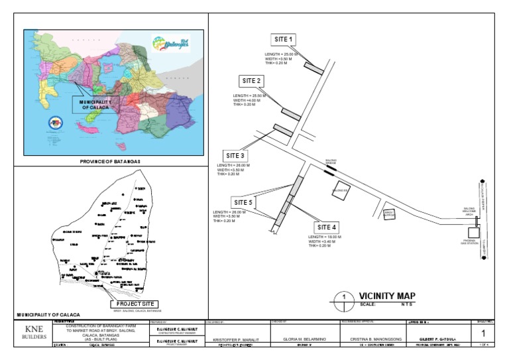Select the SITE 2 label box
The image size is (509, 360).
pyautogui.click(x=252, y=81)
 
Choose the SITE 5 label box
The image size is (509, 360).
pyautogui.click(x=243, y=202)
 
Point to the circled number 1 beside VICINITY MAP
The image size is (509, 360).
pyautogui.click(x=344, y=296)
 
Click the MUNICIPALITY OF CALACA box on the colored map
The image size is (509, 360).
pyautogui.click(x=95, y=104)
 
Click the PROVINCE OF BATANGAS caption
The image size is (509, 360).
pyautogui.click(x=112, y=162)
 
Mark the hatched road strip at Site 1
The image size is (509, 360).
pyautogui.click(x=313, y=68)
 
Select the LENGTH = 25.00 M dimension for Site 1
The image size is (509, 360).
pyautogui.click(x=283, y=54)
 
